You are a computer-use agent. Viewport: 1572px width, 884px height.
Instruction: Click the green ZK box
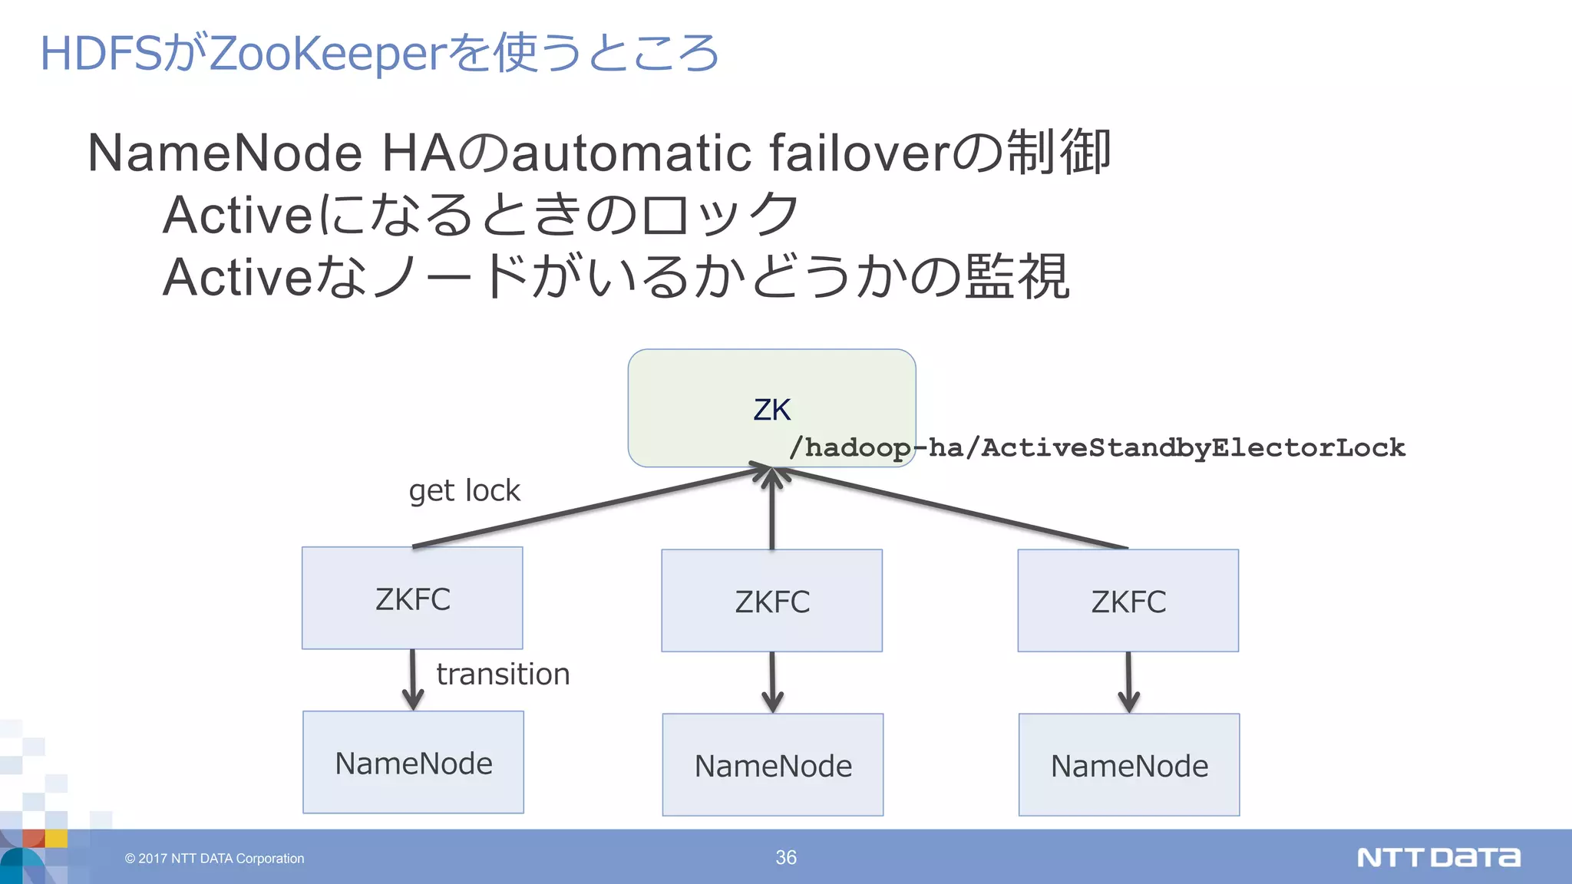point(771,407)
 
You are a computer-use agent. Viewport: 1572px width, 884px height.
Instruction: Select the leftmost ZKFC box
point(412,599)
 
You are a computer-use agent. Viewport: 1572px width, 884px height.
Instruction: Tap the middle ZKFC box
point(771,601)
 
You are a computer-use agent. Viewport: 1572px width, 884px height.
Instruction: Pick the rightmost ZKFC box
point(1128,601)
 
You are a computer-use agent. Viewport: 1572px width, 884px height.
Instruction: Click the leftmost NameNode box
point(413,763)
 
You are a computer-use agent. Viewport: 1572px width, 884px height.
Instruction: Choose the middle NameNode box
point(772,765)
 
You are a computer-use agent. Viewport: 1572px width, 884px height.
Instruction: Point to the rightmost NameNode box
point(1128,765)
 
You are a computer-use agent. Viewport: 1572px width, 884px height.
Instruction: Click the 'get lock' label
point(464,491)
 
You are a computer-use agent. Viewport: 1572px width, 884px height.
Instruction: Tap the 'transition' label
point(503,675)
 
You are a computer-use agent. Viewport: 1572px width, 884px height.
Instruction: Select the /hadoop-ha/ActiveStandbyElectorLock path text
point(1098,447)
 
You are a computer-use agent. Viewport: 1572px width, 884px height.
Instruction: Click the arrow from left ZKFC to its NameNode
point(413,680)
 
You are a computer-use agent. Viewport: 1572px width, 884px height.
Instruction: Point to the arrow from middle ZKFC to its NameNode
point(772,682)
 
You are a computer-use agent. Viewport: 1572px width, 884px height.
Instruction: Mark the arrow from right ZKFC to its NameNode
point(1128,682)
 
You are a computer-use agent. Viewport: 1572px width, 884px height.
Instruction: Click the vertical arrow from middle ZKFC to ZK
point(771,510)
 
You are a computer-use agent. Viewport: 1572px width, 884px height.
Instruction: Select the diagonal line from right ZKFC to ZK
point(952,508)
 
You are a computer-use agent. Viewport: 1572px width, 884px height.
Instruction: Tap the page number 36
point(786,857)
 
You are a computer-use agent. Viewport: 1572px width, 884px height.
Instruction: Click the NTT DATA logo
point(1438,857)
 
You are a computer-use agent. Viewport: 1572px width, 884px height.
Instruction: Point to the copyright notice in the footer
point(214,859)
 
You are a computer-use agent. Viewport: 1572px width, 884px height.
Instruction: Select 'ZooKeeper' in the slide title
point(327,54)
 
